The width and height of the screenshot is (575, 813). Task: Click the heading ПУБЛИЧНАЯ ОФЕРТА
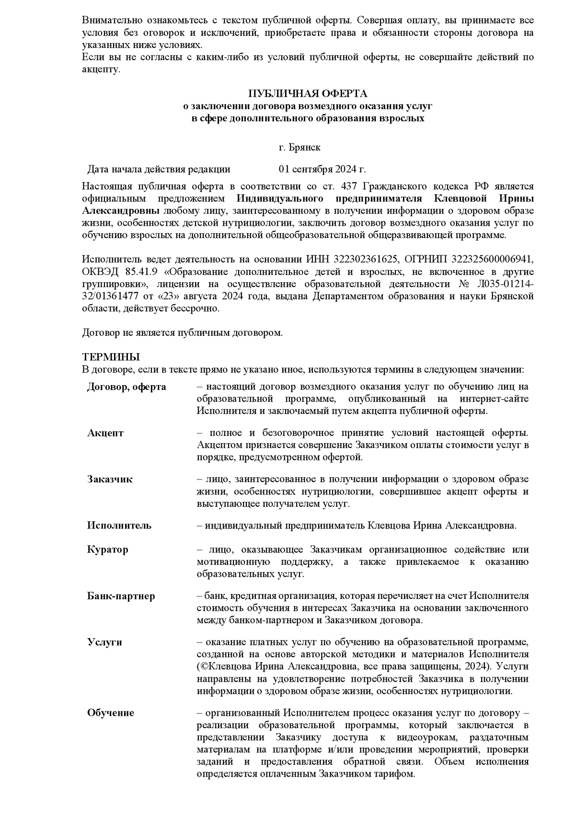point(307,93)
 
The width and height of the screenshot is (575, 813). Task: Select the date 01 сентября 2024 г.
point(322,169)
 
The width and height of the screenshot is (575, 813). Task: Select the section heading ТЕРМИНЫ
point(111,357)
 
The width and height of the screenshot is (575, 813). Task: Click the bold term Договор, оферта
point(126,387)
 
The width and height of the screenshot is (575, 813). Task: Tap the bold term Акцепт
point(105,433)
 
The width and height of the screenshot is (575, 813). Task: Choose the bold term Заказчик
point(110,479)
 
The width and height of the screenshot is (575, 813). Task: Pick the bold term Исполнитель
point(119,526)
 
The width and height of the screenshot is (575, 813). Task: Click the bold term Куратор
point(108,550)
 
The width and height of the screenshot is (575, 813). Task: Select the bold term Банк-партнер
point(121,596)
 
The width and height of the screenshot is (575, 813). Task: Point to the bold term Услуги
point(104,642)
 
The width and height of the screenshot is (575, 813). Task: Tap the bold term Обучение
point(111,712)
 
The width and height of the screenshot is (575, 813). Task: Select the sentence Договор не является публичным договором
point(183,332)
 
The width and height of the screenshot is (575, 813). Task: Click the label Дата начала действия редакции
point(159,169)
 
